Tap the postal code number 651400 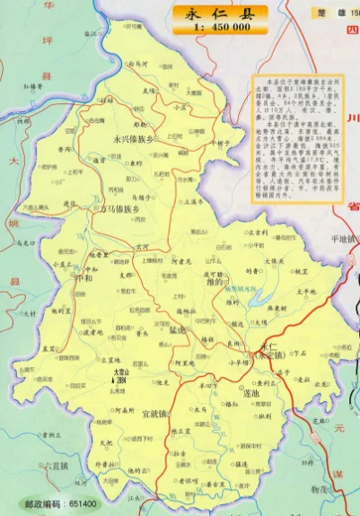pyautogui.click(x=79, y=505)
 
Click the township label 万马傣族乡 pyautogui.click(x=118, y=209)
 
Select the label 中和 pyautogui.click(x=84, y=265)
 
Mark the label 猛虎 pyautogui.click(x=176, y=328)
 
